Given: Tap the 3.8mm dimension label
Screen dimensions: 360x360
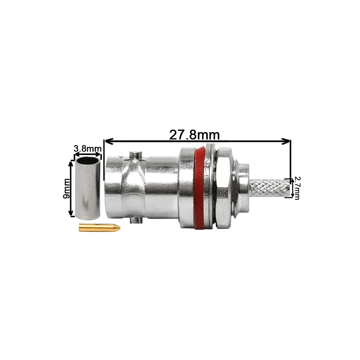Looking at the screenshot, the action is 87,149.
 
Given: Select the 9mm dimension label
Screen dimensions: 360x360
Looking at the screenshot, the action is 66,189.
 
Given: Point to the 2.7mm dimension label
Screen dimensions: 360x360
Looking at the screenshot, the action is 297,188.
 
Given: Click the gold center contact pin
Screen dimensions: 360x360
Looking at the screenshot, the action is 99,228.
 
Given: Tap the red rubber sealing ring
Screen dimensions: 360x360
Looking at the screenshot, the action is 199,187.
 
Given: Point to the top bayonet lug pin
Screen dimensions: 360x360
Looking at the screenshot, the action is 136,155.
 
